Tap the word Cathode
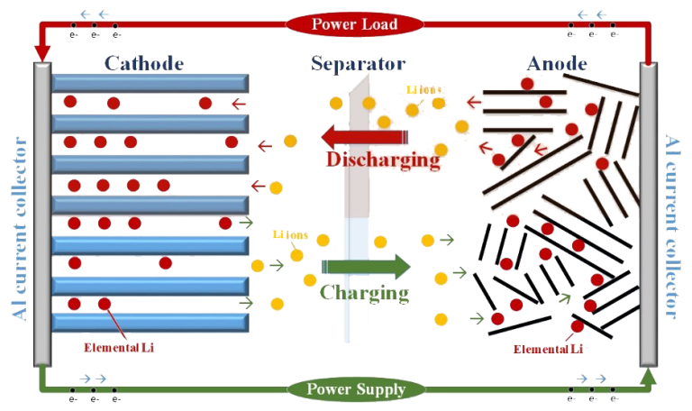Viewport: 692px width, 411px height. [144, 64]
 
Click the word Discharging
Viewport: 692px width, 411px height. [384, 161]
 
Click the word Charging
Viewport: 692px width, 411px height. [364, 293]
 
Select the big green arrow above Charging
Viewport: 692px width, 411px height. [366, 267]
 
